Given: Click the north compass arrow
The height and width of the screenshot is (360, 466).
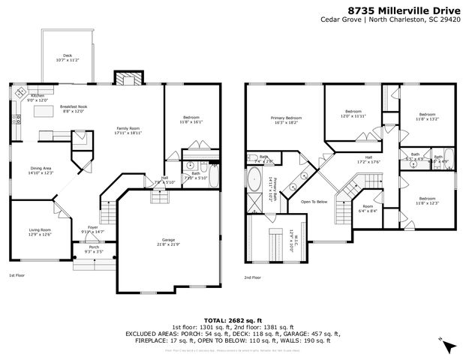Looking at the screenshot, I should [448, 346].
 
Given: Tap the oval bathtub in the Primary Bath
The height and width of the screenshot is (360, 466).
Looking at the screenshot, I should [257, 181].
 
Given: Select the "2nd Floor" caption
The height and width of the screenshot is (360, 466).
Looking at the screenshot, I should [252, 277].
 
